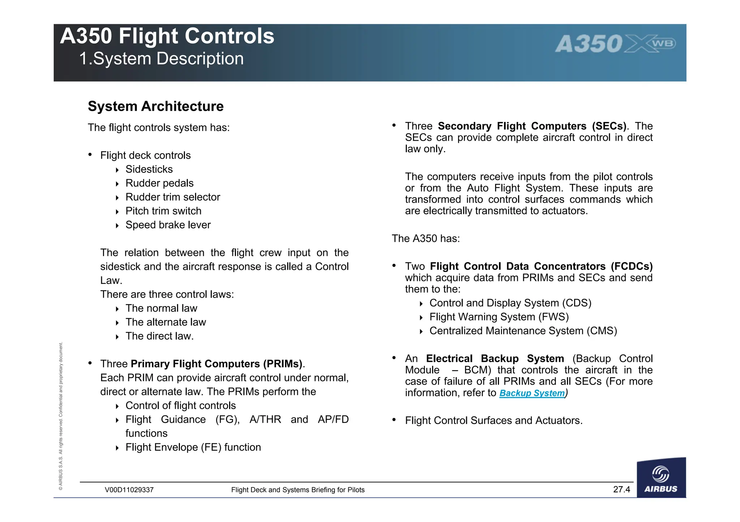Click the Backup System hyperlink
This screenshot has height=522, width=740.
532,393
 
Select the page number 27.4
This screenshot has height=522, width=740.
621,490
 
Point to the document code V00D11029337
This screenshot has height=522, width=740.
129,490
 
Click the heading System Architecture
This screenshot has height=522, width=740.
156,106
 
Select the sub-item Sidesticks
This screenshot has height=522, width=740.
149,169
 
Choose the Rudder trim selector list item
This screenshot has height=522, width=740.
173,197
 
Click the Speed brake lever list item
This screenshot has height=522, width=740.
168,225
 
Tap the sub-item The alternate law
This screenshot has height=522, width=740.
165,322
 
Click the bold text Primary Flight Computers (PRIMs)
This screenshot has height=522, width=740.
216,364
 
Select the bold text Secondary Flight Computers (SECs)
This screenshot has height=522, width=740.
532,126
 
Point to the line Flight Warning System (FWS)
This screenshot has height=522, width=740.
499,317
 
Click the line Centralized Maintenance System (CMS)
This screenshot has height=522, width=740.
523,331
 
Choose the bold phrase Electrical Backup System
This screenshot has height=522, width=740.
495,359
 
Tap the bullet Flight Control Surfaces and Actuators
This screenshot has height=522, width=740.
494,421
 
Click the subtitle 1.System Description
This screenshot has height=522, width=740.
162,59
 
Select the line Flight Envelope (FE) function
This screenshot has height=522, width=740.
193,447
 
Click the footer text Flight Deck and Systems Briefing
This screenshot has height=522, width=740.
297,490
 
